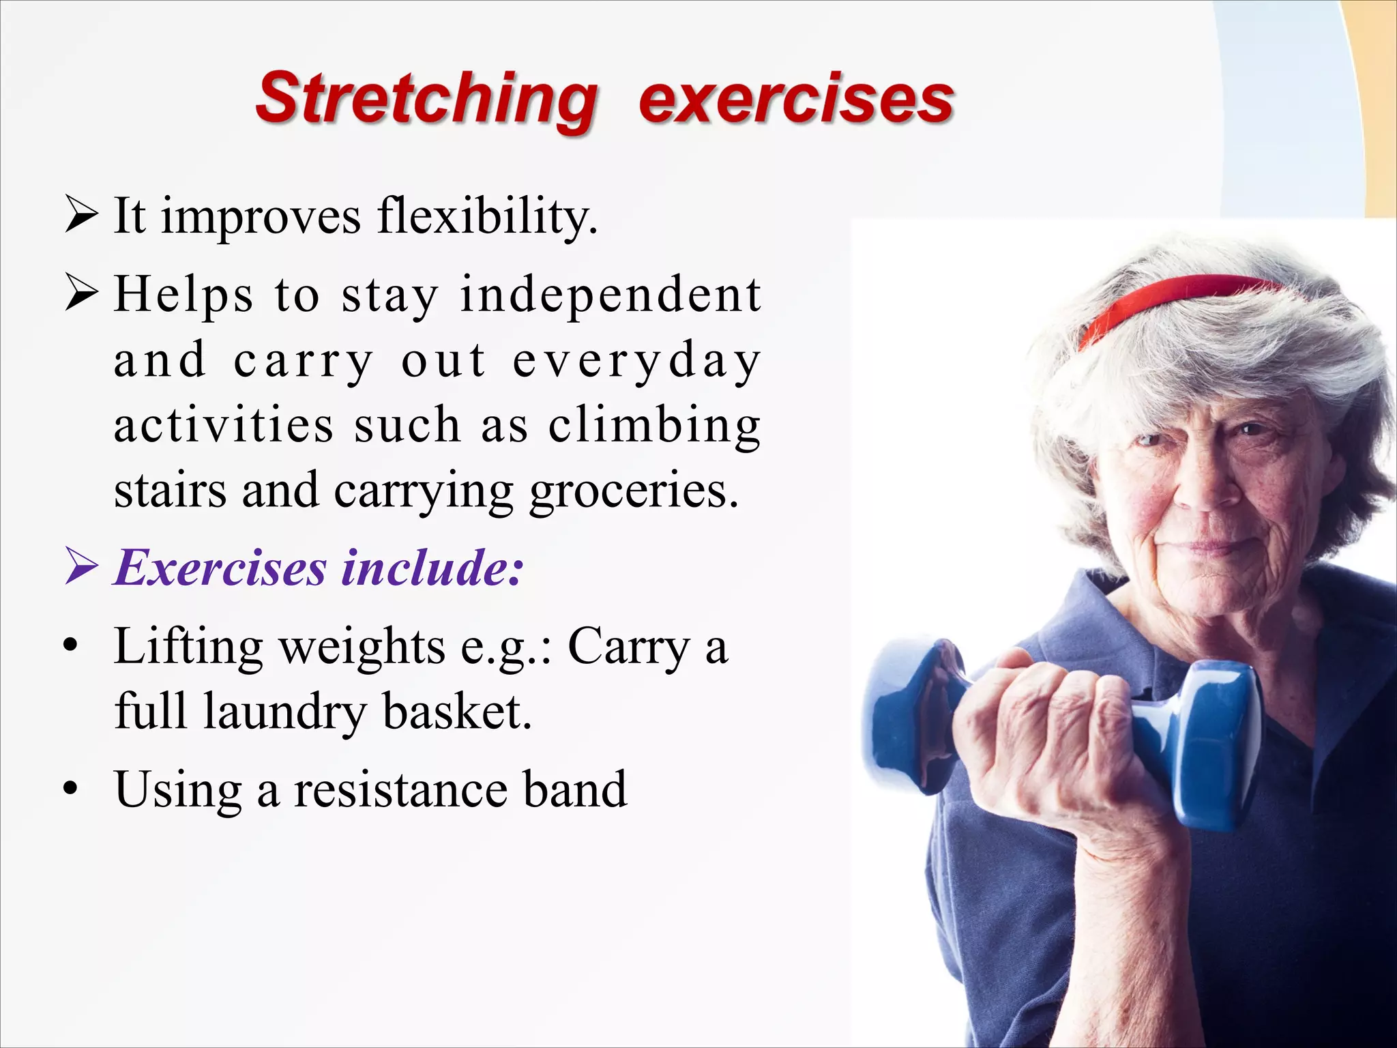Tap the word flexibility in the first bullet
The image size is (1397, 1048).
click(487, 217)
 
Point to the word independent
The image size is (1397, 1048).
click(611, 295)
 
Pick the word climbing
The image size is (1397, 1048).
click(655, 426)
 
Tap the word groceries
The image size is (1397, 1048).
click(634, 491)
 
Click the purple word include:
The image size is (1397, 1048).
click(432, 568)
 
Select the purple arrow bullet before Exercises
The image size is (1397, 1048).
click(81, 568)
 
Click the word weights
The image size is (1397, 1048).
click(362, 647)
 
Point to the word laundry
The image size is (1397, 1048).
click(284, 712)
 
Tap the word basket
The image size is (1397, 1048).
click(456, 712)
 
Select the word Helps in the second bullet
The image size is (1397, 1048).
click(183, 295)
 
